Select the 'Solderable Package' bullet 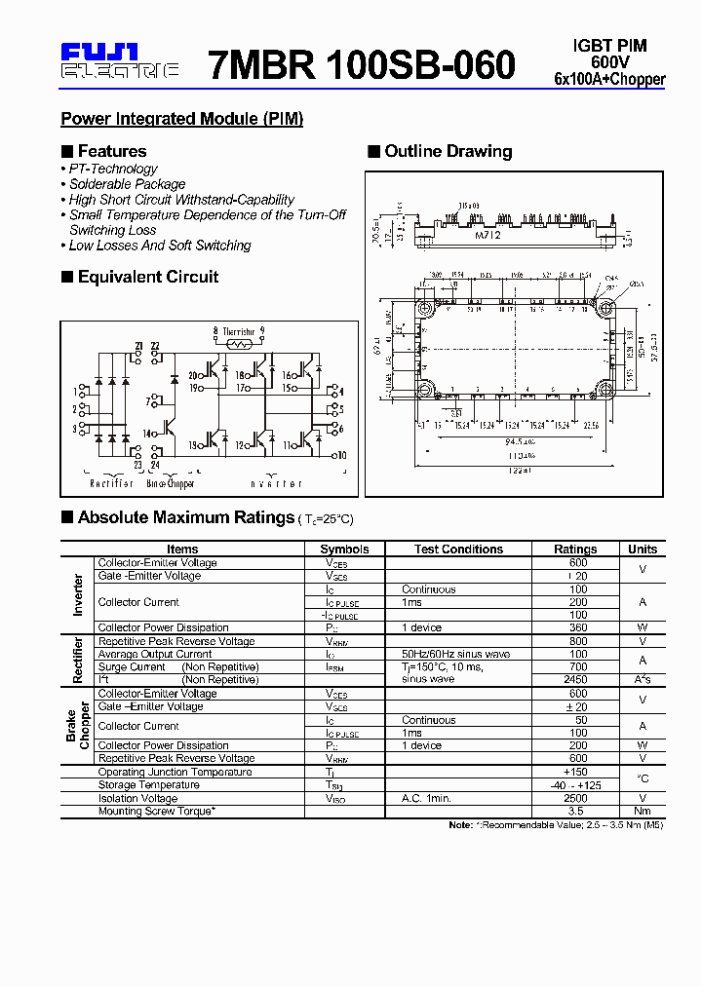[x=127, y=184]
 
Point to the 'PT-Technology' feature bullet [x=113, y=169]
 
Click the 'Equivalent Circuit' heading [x=147, y=277]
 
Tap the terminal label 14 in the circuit [x=147, y=434]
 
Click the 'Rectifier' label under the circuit [x=111, y=483]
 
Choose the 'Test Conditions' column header [x=457, y=549]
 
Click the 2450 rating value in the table [x=577, y=680]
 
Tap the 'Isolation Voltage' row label [x=137, y=798]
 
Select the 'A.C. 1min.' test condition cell [x=426, y=798]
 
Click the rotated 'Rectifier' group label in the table [x=78, y=661]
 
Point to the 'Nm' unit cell [x=643, y=811]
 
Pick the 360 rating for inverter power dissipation [x=577, y=627]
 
